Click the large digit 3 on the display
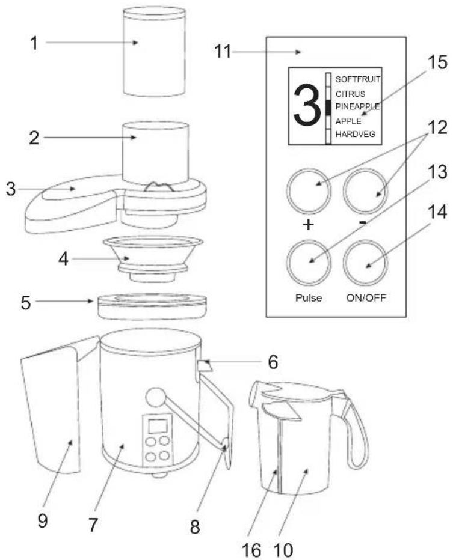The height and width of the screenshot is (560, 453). point(306,105)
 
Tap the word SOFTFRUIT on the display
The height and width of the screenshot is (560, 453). point(357,79)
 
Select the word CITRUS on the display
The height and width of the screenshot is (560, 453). point(350,94)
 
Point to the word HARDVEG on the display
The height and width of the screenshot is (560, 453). point(355,134)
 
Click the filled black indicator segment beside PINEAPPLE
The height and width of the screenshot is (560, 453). point(328,108)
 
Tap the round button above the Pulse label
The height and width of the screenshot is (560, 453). point(309,263)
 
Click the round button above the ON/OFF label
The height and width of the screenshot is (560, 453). point(366,263)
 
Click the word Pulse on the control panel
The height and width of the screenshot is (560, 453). point(309,297)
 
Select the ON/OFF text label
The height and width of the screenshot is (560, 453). point(366,297)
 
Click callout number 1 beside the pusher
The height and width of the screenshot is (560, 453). point(34,44)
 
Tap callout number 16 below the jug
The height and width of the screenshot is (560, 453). point(251,550)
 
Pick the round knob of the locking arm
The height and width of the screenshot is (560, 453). point(155,397)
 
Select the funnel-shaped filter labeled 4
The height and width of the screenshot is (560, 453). point(153,259)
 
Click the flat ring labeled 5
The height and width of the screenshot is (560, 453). point(152,306)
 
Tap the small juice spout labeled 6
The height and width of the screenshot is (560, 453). point(205,366)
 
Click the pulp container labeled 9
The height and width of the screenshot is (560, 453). point(55,407)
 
